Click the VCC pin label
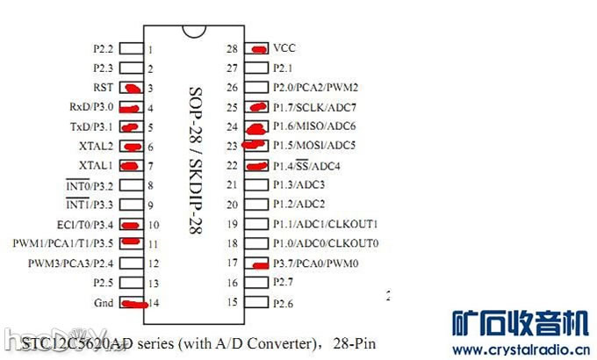tap(284, 48)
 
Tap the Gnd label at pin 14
tap(104, 303)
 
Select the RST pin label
tap(103, 88)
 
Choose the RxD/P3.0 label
tap(92, 107)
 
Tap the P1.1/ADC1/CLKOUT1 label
tap(325, 224)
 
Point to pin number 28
tap(233, 49)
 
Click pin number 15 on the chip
tap(233, 303)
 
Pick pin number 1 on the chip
tap(151, 49)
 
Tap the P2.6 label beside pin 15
tap(284, 303)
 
